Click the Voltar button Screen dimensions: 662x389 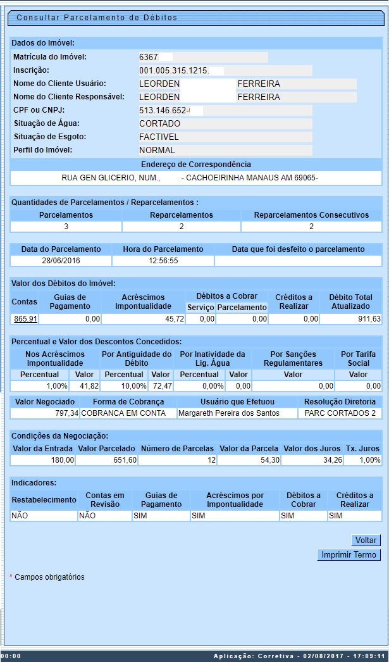(366, 540)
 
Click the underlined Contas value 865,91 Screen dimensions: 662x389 (25, 320)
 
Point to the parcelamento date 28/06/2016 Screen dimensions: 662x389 (61, 261)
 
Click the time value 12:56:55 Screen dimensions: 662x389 (163, 261)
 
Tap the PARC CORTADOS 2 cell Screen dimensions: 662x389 (340, 413)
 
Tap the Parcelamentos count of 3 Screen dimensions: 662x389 (66, 227)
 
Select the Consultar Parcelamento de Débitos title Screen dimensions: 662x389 (97, 18)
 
